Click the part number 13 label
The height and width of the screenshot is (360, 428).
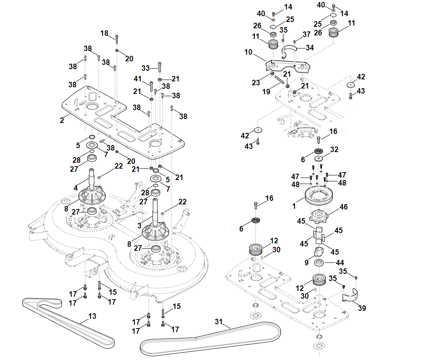[x=92, y=316]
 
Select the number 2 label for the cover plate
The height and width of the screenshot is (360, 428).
[x=62, y=120]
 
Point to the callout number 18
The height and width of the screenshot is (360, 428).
[x=104, y=33]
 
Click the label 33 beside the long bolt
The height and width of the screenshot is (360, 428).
[x=146, y=68]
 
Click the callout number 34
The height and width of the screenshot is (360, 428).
[x=310, y=48]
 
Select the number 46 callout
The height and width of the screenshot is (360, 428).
[x=344, y=207]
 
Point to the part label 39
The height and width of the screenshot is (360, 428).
[x=362, y=308]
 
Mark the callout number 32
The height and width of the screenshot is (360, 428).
[x=334, y=150]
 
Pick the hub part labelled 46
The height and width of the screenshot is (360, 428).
[x=318, y=215]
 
